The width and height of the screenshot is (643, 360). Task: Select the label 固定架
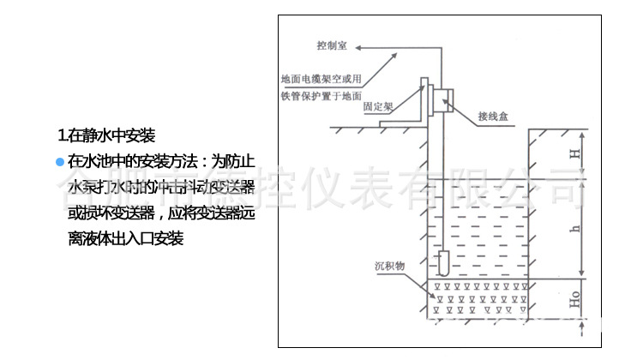click(x=378, y=107)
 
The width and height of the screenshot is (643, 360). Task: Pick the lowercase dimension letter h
click(x=577, y=228)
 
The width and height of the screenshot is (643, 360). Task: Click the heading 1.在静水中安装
click(x=106, y=135)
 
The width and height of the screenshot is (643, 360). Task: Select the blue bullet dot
click(x=59, y=160)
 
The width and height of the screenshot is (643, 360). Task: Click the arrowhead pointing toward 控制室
click(x=395, y=52)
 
